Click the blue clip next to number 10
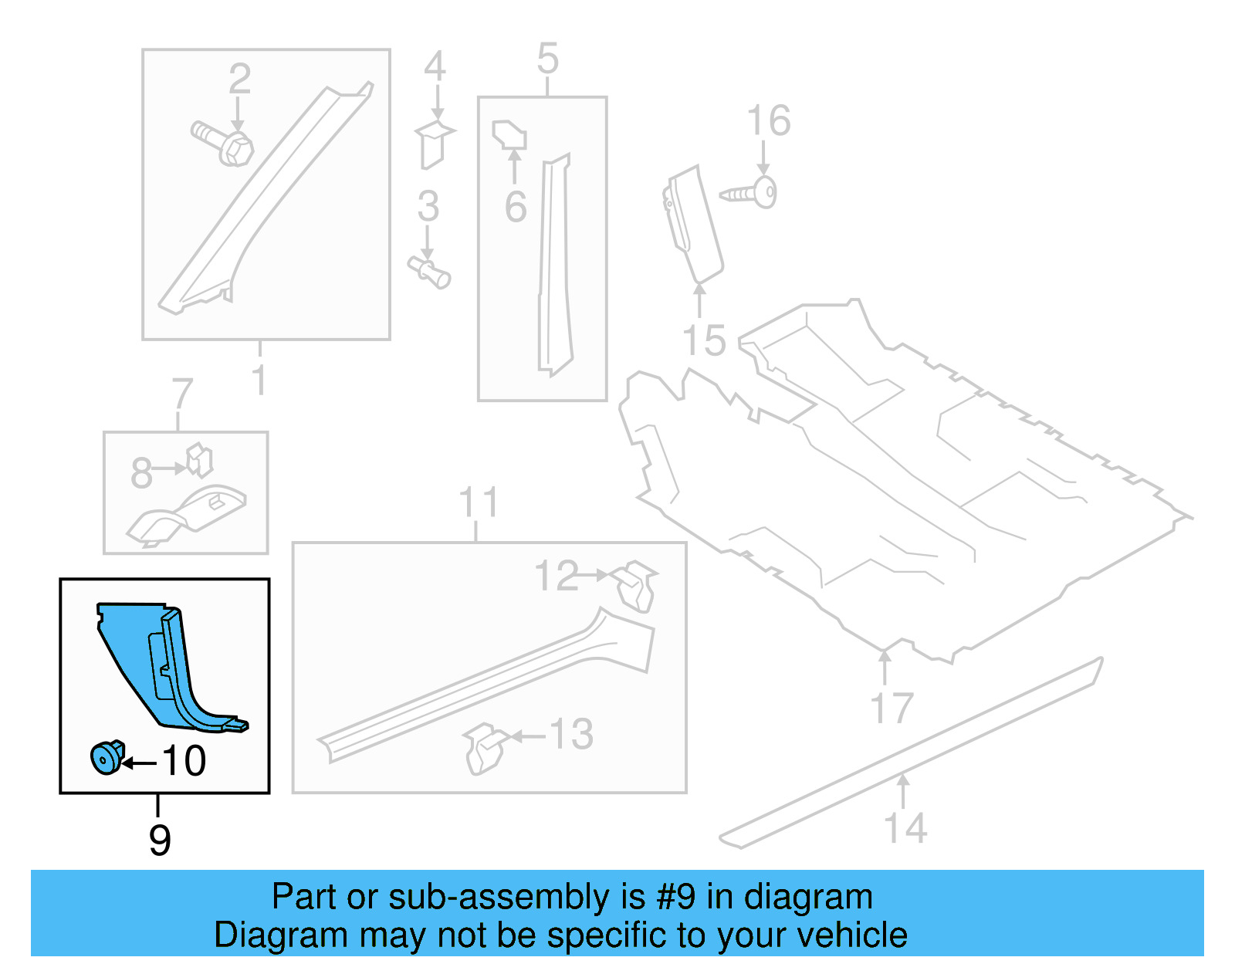pos(107,757)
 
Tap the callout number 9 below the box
pos(160,840)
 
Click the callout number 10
pos(184,761)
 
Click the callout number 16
pos(769,121)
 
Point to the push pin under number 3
pos(430,272)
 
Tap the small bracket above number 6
pos(509,135)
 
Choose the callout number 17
pos(892,708)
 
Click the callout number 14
pos(905,828)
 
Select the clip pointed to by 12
pos(637,585)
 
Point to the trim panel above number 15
pos(693,223)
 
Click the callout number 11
pos(479,502)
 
